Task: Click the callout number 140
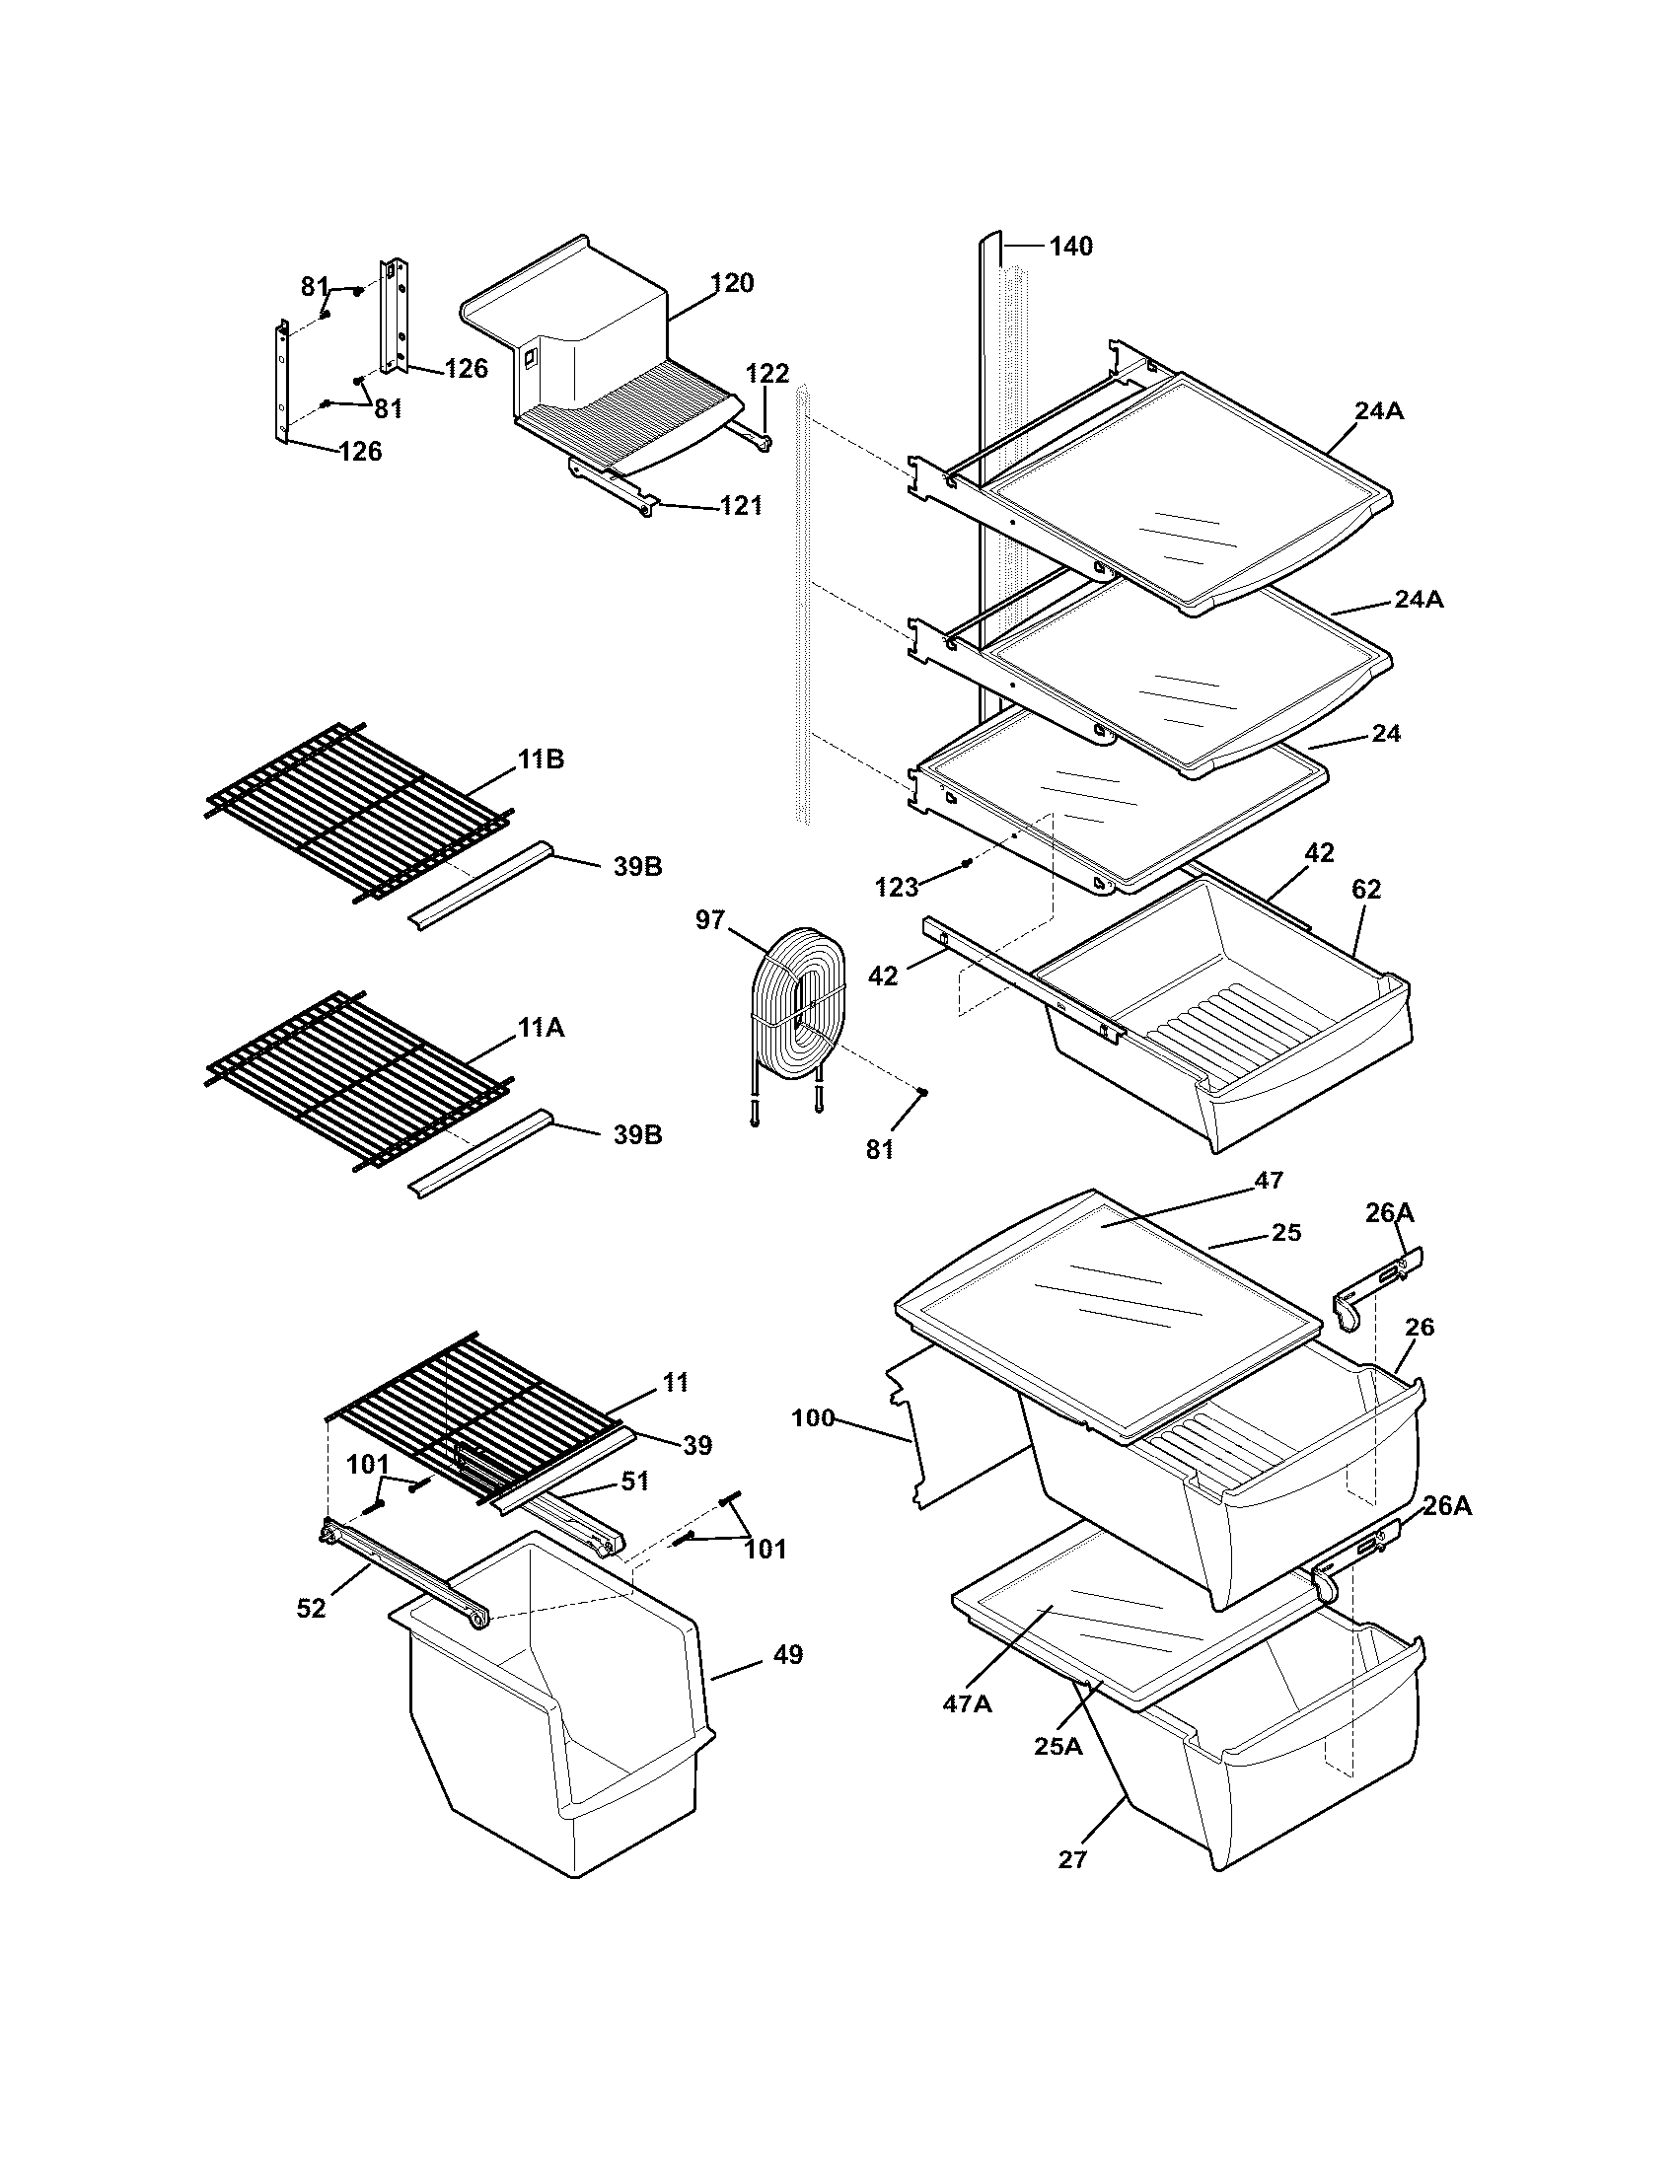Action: [x=1070, y=246]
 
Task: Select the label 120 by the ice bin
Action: [x=732, y=283]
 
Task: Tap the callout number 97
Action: [x=710, y=920]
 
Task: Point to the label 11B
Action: [x=541, y=759]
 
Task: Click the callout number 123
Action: [x=896, y=888]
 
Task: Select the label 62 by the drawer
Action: [x=1366, y=890]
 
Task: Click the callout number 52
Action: [x=311, y=1608]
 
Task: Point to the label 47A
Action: [x=967, y=1704]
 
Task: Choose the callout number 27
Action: [x=1073, y=1859]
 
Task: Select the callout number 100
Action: [x=813, y=1417]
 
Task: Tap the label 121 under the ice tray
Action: [x=741, y=506]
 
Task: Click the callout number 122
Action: [x=766, y=374]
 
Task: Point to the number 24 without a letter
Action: [x=1385, y=733]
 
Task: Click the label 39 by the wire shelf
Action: [x=698, y=1446]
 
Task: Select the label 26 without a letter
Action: [x=1420, y=1327]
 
